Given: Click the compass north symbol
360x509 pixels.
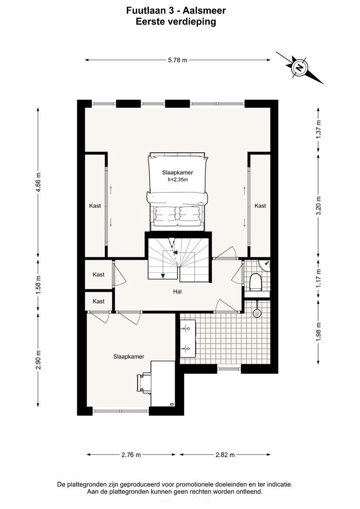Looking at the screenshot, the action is (x=300, y=67).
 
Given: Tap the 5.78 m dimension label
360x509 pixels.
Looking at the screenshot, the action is (x=178, y=60).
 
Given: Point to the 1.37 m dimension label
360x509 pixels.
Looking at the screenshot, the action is (x=319, y=130).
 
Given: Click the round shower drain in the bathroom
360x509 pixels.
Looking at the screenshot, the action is (x=257, y=312).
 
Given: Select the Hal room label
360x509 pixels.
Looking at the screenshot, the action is (x=177, y=292).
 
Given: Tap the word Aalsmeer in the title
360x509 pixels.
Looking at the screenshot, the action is (x=204, y=11).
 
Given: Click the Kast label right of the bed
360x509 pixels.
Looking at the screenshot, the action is (x=260, y=205).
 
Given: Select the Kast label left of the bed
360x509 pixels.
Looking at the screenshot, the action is (x=95, y=205).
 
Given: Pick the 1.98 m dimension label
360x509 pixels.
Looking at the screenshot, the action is (x=319, y=331).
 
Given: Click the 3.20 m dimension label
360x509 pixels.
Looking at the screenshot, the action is (x=319, y=205).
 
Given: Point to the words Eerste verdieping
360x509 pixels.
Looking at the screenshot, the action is (x=176, y=22).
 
